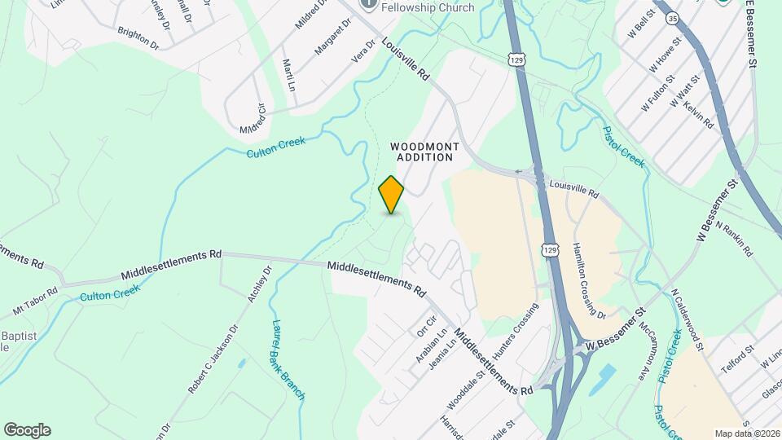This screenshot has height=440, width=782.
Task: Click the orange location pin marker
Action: pyautogui.click(x=392, y=195)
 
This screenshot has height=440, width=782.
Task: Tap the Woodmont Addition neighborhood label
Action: pyautogui.click(x=424, y=152)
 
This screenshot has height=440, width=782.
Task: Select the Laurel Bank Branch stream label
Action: pyautogui.click(x=287, y=359)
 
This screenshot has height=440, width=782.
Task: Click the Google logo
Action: pyautogui.click(x=27, y=429)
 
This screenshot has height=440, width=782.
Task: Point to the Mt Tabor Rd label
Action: pyautogui.click(x=35, y=301)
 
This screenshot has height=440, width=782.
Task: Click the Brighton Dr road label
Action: pyautogui.click(x=138, y=37)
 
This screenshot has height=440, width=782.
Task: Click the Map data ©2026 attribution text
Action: pyautogui.click(x=747, y=433)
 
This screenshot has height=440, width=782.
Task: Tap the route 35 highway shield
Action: pyautogui.click(x=671, y=17)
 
